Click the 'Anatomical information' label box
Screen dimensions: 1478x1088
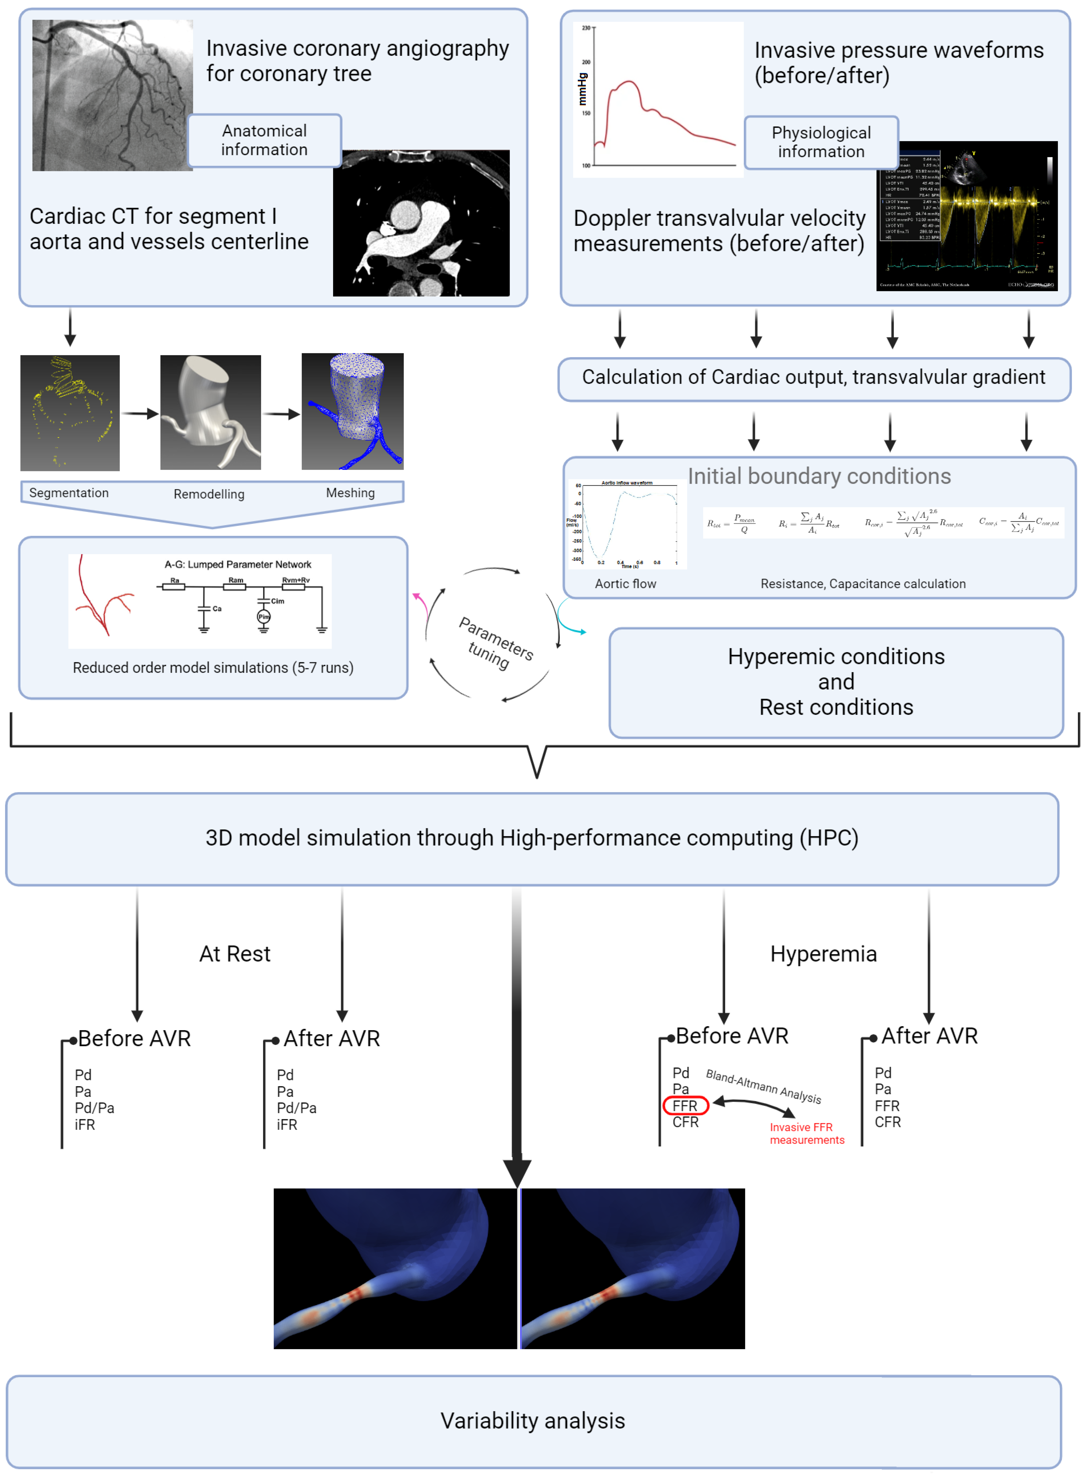pyautogui.click(x=264, y=140)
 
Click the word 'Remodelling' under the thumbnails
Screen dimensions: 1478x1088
pyautogui.click(x=209, y=494)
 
